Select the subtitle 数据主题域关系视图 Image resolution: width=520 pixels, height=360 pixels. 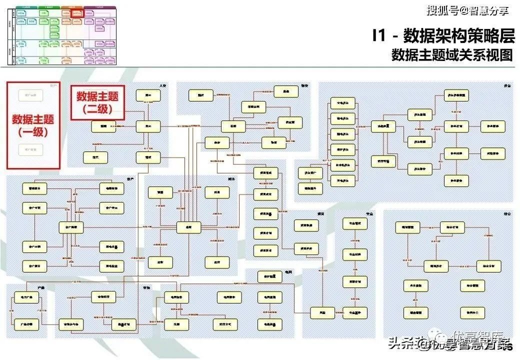click(452, 55)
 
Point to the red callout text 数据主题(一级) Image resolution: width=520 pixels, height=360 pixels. click(33, 125)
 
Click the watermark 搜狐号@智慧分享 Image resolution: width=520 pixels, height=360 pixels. click(467, 10)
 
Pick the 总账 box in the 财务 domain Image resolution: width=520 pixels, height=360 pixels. click(188, 227)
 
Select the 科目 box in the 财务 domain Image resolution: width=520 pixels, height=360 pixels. click(217, 192)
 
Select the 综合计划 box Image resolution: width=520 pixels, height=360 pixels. click(452, 227)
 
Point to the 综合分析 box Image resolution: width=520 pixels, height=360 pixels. click(488, 266)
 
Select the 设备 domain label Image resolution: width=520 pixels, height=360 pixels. click(507, 86)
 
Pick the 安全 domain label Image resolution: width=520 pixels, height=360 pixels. click(370, 213)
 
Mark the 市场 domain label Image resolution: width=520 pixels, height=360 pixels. click(146, 287)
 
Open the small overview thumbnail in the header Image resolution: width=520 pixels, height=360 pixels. click(62, 34)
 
